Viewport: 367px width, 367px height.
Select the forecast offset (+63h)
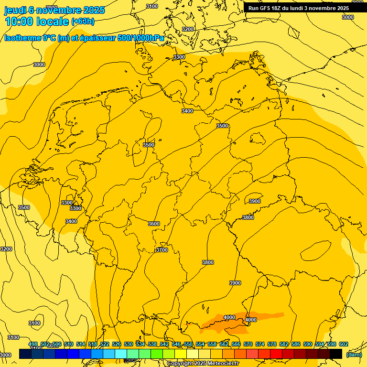tap(83, 22)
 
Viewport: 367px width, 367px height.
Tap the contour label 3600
tap(154, 224)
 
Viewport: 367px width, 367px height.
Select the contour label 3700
tap(162, 250)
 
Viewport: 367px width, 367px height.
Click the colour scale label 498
tap(33, 344)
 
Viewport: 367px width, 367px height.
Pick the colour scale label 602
tap(343, 344)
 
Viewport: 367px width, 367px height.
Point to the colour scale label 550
tap(188, 344)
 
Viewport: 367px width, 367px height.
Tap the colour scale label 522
tap(105, 344)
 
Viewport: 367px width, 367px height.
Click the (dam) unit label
tap(354, 354)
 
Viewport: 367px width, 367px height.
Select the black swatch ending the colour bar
tap(336, 354)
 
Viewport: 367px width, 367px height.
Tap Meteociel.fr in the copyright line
tap(223, 364)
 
